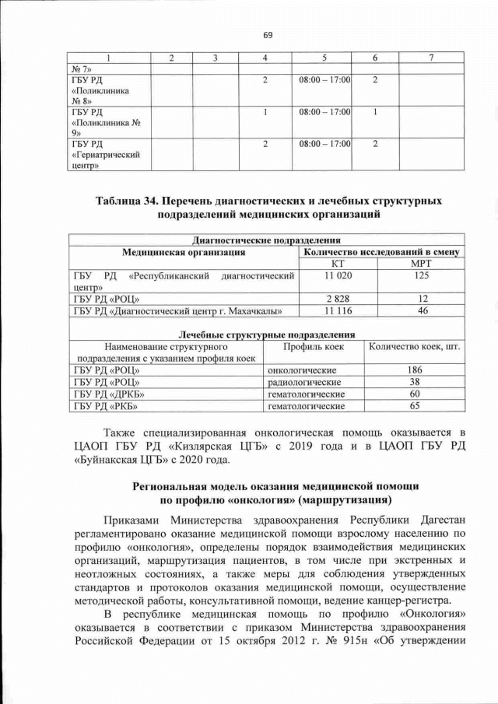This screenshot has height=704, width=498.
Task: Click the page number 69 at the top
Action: (x=268, y=35)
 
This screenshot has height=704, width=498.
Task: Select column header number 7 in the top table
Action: (x=431, y=58)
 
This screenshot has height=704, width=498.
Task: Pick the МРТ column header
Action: (x=421, y=264)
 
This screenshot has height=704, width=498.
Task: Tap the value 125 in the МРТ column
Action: (x=421, y=275)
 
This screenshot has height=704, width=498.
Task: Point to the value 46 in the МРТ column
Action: (x=421, y=311)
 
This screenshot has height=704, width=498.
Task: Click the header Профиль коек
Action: (x=314, y=346)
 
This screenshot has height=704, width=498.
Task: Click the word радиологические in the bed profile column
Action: (x=305, y=382)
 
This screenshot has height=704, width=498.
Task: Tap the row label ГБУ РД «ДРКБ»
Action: (x=107, y=394)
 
